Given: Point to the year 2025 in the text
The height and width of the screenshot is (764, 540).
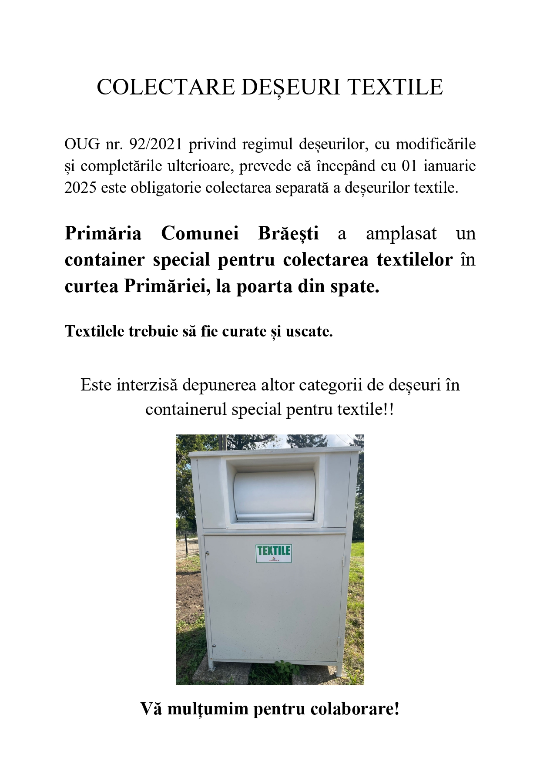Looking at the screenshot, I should click(80, 188).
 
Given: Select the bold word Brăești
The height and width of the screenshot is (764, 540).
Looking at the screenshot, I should click(288, 233).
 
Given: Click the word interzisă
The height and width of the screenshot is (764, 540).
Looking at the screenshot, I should click(148, 385).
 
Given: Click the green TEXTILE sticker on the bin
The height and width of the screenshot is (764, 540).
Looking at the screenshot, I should click(273, 553).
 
